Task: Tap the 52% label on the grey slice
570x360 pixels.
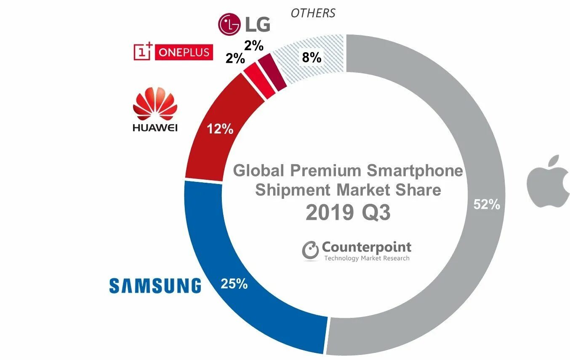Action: point(486,205)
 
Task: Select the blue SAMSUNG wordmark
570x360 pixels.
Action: point(155,285)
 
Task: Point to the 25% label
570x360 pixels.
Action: point(234,284)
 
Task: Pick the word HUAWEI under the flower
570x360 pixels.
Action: point(155,127)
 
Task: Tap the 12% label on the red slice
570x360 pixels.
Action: point(219,129)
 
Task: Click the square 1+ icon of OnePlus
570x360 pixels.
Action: point(143,52)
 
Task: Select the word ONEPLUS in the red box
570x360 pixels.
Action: point(184,53)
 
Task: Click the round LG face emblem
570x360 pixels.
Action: point(229,24)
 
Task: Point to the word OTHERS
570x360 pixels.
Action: point(313,13)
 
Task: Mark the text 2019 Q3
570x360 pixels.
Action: point(348,213)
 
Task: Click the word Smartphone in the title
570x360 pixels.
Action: point(415,171)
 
